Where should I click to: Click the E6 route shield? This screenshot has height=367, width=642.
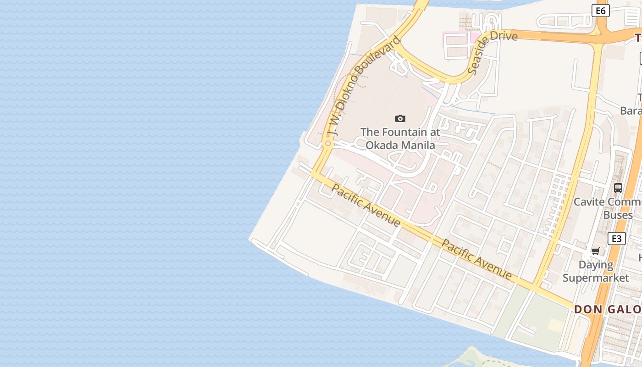(x=600, y=11)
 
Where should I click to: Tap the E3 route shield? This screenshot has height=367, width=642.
(x=616, y=239)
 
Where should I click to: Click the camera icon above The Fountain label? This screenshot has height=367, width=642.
(x=400, y=119)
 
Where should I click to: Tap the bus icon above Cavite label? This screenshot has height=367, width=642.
(x=618, y=188)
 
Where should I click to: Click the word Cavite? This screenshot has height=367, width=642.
(x=589, y=202)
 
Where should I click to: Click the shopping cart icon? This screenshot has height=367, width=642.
(x=595, y=251)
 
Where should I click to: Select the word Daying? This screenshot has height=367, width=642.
(x=596, y=265)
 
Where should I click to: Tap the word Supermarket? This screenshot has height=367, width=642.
(x=596, y=278)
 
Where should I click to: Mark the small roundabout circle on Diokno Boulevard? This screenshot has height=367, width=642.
(x=328, y=144)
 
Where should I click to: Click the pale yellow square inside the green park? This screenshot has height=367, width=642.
(x=555, y=325)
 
